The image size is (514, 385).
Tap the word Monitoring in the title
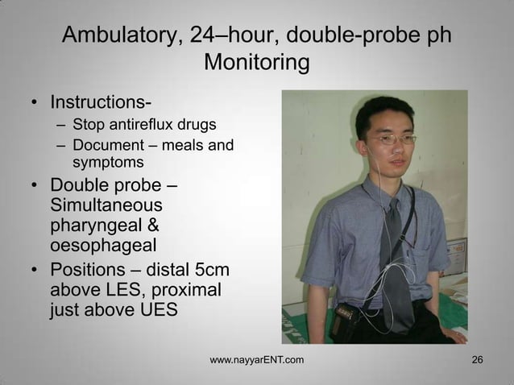coord(257,62)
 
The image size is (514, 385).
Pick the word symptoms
coord(106,164)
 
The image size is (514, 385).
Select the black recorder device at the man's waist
coord(349,313)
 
